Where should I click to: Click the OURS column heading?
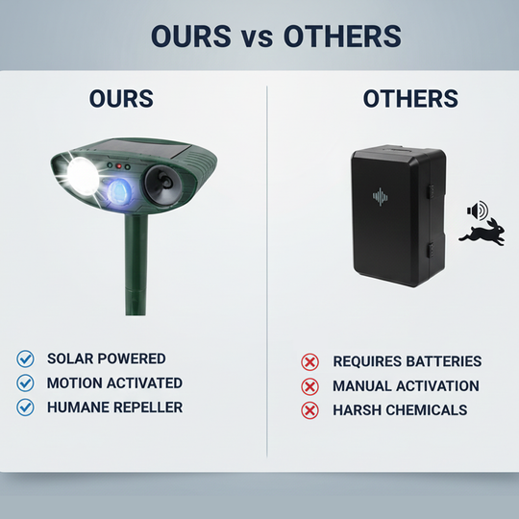click(121, 99)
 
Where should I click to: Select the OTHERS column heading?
click(410, 99)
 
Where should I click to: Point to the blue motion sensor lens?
click(120, 188)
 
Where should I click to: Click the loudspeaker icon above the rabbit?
click(477, 210)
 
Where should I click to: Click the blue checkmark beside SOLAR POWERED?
click(26, 359)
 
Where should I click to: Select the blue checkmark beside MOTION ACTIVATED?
click(26, 383)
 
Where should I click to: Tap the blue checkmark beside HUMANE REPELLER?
click(26, 408)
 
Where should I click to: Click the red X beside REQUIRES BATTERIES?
click(309, 362)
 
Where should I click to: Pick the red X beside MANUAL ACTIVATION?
click(309, 386)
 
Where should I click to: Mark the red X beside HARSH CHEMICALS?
click(309, 410)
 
